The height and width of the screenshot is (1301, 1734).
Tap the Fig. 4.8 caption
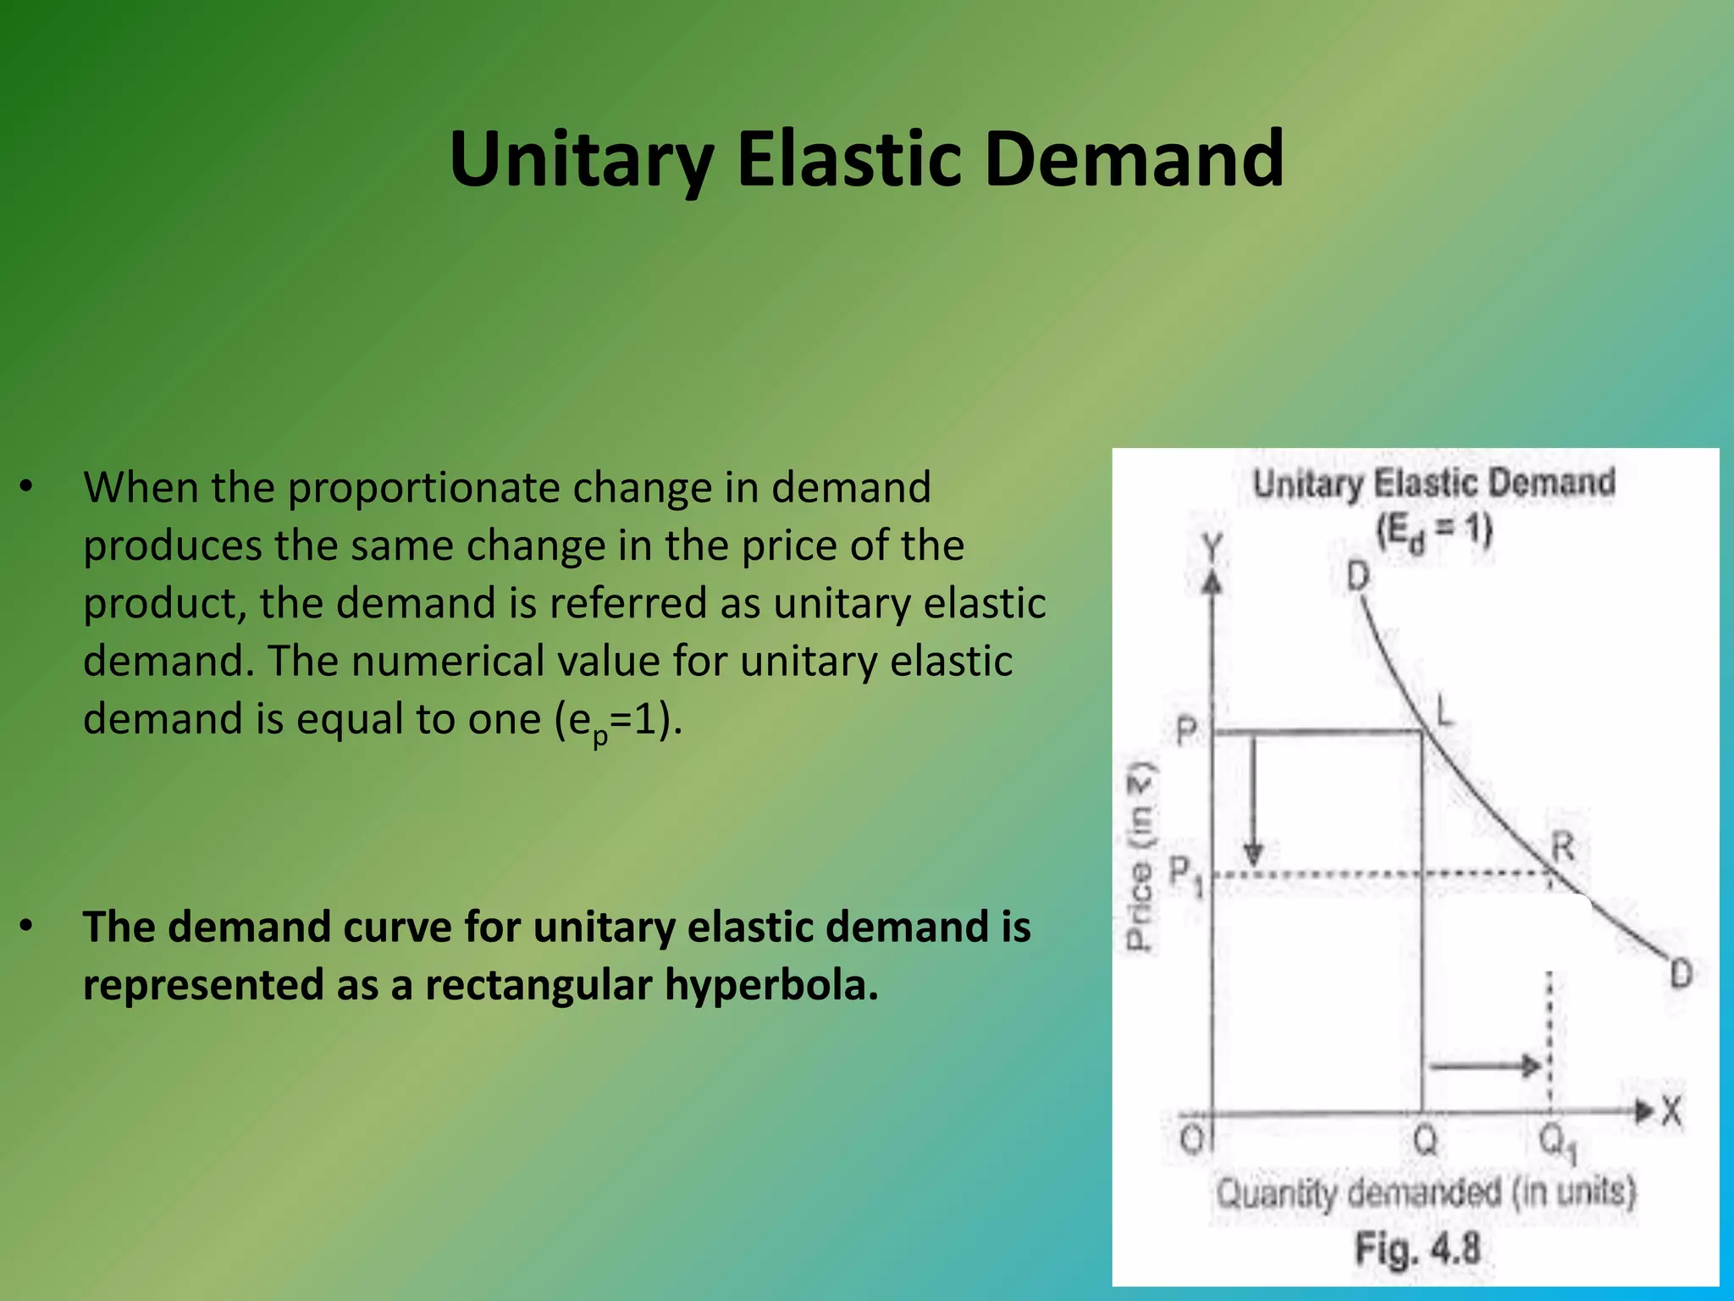click(1417, 1248)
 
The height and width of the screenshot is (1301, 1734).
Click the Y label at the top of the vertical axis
click(1213, 548)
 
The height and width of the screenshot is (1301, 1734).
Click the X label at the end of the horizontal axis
click(1671, 1110)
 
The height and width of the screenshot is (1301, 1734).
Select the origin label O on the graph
click(1190, 1140)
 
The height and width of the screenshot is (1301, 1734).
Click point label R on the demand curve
click(1562, 846)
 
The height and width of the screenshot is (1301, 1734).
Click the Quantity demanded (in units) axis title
click(1426, 1193)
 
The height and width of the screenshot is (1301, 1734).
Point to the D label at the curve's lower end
click(1680, 974)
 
